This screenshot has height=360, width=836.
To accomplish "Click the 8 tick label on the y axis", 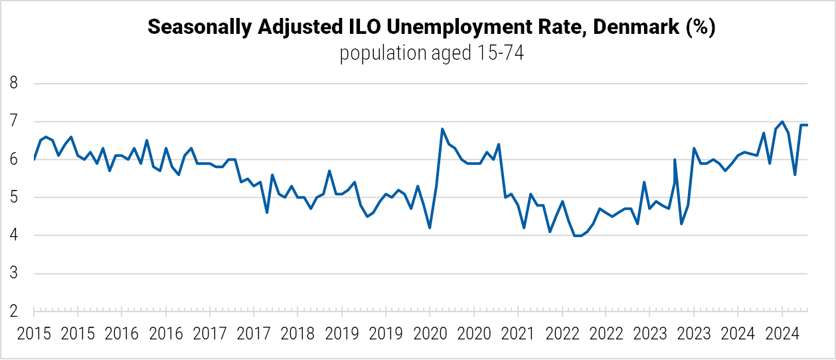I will coord(13,84).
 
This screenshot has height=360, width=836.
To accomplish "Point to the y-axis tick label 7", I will coord(13,122).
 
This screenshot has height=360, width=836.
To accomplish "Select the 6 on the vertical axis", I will coord(13,159).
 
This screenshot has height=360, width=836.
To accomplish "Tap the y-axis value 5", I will coord(13,198).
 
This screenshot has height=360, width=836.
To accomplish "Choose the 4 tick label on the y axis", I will coord(13,236).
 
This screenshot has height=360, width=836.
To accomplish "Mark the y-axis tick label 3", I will coord(13,274).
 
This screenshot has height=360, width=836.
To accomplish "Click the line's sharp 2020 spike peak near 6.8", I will coord(442,129).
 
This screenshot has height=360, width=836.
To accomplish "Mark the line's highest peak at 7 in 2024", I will coord(782,122).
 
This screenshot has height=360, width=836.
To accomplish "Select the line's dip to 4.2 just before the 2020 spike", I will coord(430,228).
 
